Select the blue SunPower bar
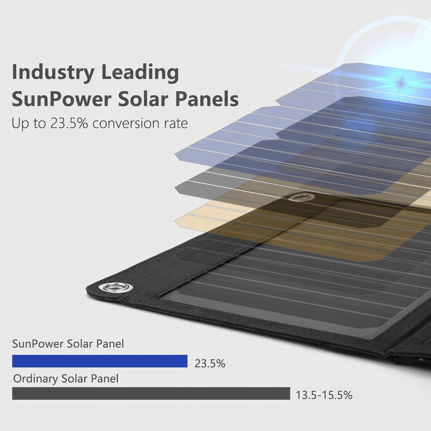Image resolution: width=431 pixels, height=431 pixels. tap(100, 361)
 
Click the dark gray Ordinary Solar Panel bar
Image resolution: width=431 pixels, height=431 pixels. tap(151, 393)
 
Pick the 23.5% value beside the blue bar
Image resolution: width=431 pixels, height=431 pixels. tap(210, 363)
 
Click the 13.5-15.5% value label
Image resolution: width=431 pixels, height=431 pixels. tap(324, 395)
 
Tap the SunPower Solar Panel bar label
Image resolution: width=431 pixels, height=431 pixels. tap(68, 344)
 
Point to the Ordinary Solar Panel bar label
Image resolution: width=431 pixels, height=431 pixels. tap(66, 378)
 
